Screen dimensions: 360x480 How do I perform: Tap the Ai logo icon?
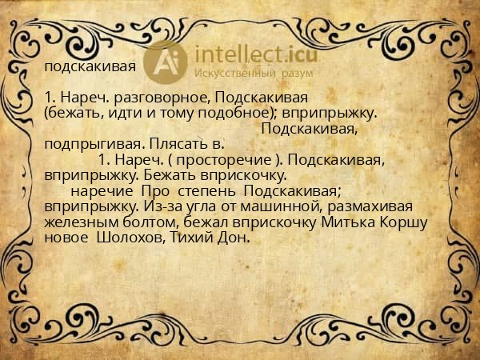point(170,62)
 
